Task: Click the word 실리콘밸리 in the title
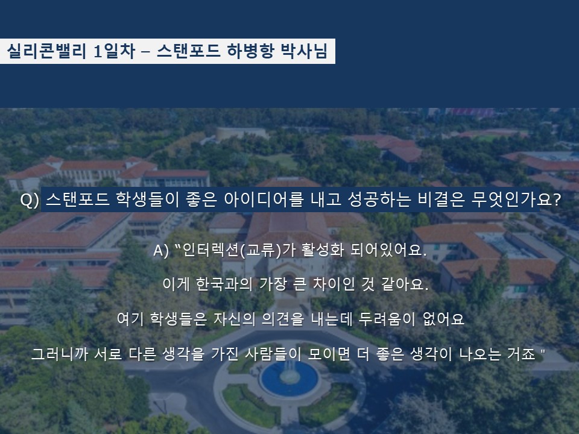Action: click(46, 51)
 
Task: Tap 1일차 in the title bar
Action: click(114, 51)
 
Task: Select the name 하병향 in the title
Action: click(250, 51)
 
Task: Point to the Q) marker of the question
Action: click(30, 200)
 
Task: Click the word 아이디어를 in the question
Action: click(264, 200)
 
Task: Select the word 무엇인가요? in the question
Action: click(516, 200)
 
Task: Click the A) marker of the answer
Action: click(161, 251)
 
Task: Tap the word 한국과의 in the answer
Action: click(224, 284)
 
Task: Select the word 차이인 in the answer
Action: click(334, 284)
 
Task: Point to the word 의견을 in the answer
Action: click(283, 319)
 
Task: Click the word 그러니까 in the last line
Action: click(59, 354)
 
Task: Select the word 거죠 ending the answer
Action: click(521, 354)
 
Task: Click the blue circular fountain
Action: click(289, 379)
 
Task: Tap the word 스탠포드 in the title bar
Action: click(189, 51)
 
